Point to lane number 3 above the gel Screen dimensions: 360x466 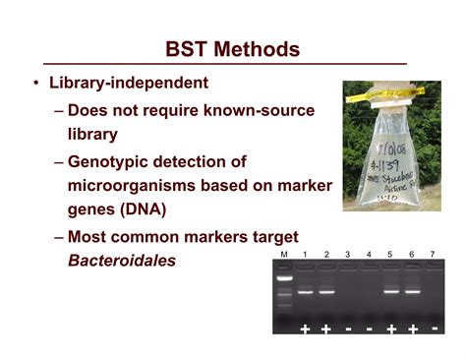coord(348,256)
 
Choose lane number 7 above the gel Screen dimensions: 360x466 coord(432,256)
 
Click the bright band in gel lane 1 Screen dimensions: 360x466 coord(306,291)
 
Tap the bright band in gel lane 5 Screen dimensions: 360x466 coord(390,291)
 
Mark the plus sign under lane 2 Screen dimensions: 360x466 coord(326,329)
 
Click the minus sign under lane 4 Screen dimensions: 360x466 coord(369,329)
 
